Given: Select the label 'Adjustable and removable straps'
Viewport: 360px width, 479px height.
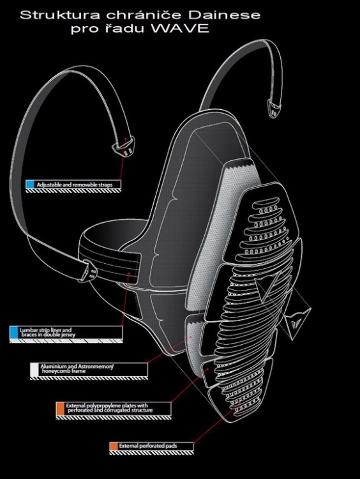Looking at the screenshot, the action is pos(75,185).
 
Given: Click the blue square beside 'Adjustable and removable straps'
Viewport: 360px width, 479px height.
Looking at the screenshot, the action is pos(30,185).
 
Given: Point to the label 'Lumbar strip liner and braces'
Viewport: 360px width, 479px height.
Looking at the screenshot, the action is pos(47,332).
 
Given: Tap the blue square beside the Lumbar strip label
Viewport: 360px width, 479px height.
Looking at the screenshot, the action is pos(14,332).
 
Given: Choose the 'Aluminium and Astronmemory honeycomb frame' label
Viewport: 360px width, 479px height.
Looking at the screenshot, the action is pos(77,369).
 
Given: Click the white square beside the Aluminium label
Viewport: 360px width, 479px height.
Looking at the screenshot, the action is pos(34,369).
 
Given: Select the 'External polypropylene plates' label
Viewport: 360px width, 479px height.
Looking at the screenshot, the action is pos(109,408).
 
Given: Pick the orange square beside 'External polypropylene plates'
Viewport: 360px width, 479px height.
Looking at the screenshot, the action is pos(60,409).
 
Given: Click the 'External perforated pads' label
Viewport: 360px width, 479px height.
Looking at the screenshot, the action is pos(148,446).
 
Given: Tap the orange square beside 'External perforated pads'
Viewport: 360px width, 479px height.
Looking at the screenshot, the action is pos(114,446).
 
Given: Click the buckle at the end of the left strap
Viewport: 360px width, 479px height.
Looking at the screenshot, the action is pos(124,146).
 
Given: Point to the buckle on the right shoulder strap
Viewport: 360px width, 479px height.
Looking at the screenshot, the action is pos(274,107).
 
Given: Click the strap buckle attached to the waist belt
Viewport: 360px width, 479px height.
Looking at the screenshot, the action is pos(88,270).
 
